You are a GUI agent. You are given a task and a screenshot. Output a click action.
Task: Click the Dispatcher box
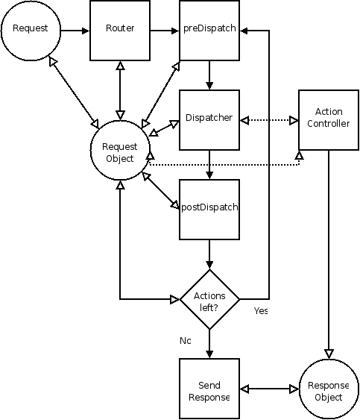coord(209,119)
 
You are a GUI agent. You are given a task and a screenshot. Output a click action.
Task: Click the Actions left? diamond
coord(209,299)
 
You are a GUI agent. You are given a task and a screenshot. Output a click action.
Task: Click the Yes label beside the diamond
coord(260,310)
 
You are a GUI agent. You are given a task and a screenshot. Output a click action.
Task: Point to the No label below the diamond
coord(186,340)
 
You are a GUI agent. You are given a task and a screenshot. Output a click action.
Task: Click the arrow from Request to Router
coord(75,31)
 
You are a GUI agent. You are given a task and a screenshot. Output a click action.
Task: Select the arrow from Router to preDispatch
coord(165,31)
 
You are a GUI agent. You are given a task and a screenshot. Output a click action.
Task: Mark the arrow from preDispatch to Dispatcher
coord(209,75)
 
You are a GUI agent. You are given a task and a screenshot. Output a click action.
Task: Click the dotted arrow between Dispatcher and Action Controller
coord(269,119)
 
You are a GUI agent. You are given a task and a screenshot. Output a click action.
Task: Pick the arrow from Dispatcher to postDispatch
coord(209,164)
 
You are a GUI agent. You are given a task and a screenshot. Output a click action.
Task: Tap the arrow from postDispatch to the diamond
coord(209,254)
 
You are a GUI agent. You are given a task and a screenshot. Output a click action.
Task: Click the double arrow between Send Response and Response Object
coord(269,389)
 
